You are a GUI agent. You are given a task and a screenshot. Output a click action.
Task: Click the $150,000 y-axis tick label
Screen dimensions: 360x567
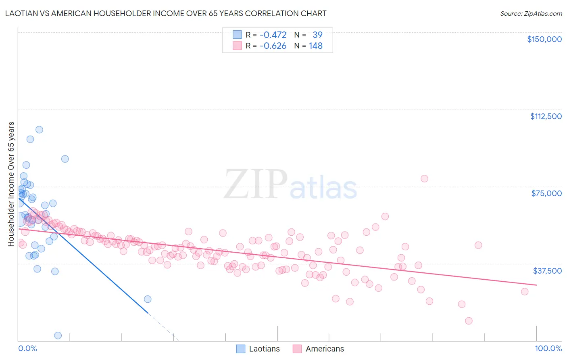pyautogui.click(x=544, y=39)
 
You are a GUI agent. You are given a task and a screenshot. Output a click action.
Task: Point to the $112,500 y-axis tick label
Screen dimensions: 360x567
pyautogui.click(x=546, y=116)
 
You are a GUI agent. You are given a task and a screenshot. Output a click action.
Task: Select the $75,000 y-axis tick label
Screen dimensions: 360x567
pyautogui.click(x=546, y=193)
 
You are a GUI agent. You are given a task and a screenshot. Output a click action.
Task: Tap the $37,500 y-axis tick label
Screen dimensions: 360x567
pyautogui.click(x=547, y=271)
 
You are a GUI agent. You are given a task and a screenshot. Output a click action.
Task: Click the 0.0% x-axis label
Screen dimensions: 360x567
pyautogui.click(x=27, y=348)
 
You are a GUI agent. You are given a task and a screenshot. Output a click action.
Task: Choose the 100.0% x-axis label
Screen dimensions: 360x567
pyautogui.click(x=548, y=348)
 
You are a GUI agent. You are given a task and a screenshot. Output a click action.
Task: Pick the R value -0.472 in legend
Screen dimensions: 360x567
pyautogui.click(x=273, y=35)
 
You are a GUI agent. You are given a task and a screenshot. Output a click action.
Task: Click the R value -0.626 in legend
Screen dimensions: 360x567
pyautogui.click(x=273, y=46)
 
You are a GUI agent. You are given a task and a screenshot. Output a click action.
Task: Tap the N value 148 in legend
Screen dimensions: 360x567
pyautogui.click(x=316, y=46)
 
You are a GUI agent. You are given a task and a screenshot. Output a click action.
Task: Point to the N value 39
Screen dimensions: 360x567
pyautogui.click(x=317, y=35)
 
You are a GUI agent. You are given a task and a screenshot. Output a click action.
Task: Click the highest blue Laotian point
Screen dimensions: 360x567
pyautogui.click(x=39, y=130)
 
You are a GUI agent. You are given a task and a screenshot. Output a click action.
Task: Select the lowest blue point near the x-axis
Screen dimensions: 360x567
pyautogui.click(x=58, y=335)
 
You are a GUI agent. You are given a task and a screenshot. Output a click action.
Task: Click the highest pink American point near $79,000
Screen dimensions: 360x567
pyautogui.click(x=424, y=178)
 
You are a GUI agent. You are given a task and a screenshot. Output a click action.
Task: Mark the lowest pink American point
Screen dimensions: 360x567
pyautogui.click(x=469, y=321)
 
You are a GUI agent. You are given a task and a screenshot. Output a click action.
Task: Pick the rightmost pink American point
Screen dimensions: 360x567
pyautogui.click(x=525, y=291)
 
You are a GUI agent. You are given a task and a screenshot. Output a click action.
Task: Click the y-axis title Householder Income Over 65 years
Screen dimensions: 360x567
pyautogui.click(x=11, y=184)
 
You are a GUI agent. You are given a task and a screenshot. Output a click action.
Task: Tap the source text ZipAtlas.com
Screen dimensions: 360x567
pyautogui.click(x=531, y=13)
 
